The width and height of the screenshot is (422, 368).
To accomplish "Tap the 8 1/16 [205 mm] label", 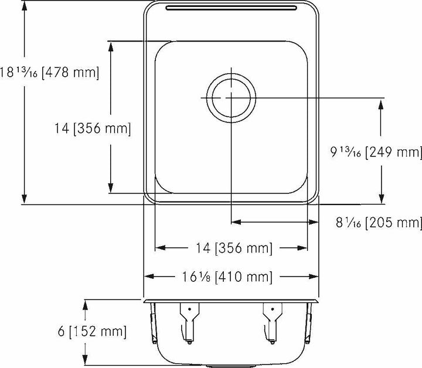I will pyautogui.click(x=379, y=223).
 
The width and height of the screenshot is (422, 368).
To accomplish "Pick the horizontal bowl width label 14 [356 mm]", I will pyautogui.click(x=232, y=248).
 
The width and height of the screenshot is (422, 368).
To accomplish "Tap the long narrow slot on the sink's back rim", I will pyautogui.click(x=231, y=8).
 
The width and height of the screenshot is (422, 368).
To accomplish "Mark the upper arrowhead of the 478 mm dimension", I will pyautogui.click(x=24, y=6).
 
